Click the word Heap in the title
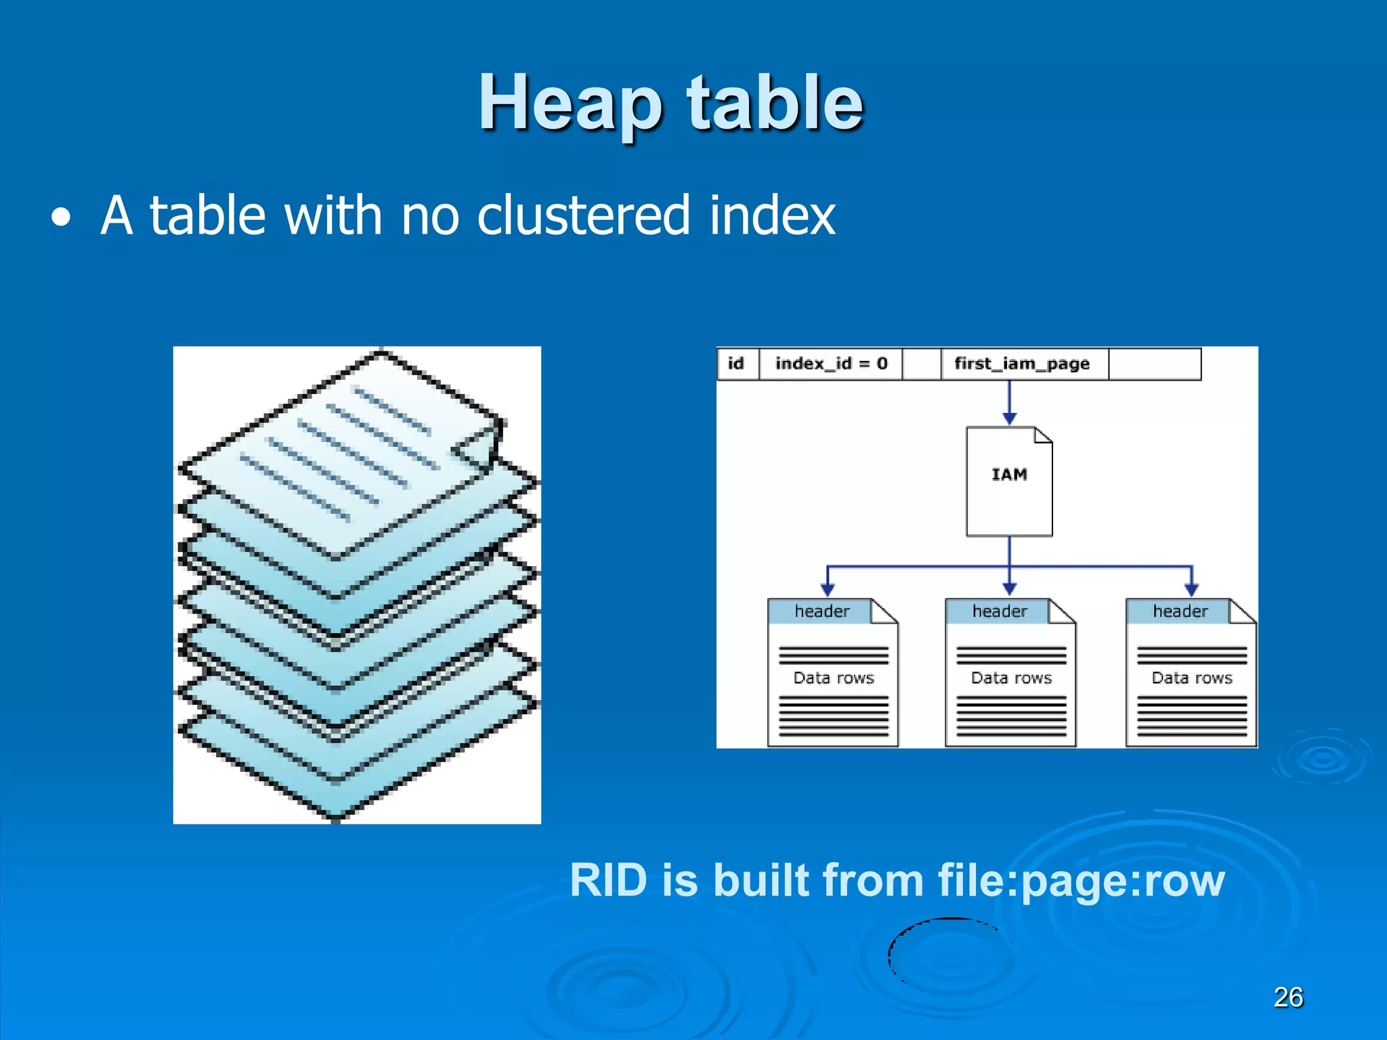tap(570, 104)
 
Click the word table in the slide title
tap(775, 102)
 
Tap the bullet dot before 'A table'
tap(61, 218)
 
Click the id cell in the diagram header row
tap(736, 364)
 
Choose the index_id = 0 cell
tap(831, 364)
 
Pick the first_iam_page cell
tap(1022, 364)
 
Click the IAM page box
tap(1009, 481)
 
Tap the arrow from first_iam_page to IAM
tap(1009, 403)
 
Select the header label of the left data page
tap(821, 611)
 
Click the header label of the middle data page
tap(1000, 611)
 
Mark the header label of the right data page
tap(1180, 611)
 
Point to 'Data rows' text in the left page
tap(834, 678)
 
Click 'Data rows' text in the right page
tap(1192, 678)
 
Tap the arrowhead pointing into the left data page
tap(828, 589)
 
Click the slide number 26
tap(1288, 997)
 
